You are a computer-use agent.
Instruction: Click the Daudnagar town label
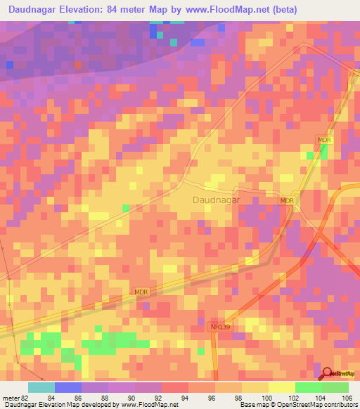[x=216, y=200]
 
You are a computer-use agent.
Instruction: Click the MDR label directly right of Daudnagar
[x=286, y=200]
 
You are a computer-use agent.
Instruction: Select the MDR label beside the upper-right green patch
[x=323, y=141]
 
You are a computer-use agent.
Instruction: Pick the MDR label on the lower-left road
[x=141, y=290]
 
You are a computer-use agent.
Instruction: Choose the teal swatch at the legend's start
[x=41, y=387]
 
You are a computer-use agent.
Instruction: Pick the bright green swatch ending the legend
[x=335, y=387]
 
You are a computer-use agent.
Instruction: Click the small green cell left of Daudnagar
[x=125, y=208]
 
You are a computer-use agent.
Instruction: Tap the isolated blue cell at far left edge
[x=10, y=65]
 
